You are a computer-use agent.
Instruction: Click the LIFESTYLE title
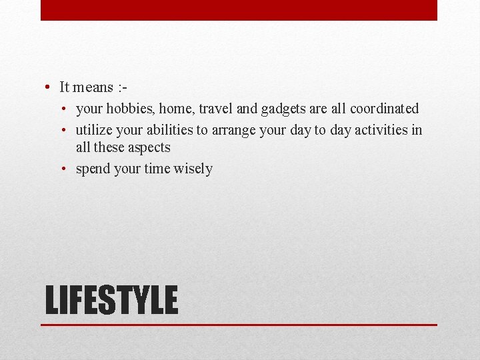pos(111,300)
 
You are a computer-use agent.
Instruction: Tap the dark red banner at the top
pos(239,10)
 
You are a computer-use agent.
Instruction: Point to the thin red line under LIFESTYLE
pos(239,325)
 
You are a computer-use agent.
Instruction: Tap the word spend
pos(93,169)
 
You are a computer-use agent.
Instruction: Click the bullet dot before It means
pos(49,87)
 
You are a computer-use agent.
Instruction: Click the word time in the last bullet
pos(157,169)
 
